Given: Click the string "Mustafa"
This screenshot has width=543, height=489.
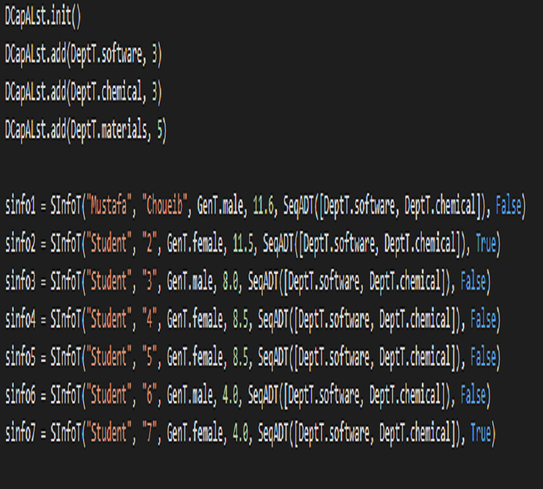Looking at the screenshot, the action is (x=109, y=205).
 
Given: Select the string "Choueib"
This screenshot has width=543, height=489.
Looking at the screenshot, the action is (x=165, y=205).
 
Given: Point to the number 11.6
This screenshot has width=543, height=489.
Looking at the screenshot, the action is (x=263, y=205).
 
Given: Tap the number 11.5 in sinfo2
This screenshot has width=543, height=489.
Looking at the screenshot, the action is (x=243, y=243).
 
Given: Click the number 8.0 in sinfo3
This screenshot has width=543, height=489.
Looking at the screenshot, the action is (x=230, y=281).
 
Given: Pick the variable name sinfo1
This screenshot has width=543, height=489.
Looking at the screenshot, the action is (x=20, y=206).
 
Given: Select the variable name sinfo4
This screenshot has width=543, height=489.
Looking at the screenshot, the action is (x=20, y=319).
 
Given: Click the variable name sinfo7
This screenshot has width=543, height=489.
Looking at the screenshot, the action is (x=20, y=433).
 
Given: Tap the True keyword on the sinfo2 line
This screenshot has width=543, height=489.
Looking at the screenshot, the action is (x=486, y=243).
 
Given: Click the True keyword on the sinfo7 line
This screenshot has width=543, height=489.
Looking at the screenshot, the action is (x=481, y=433).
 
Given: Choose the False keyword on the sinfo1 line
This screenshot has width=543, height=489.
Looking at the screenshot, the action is (x=508, y=205).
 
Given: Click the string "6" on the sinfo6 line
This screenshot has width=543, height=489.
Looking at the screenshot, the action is (x=149, y=394).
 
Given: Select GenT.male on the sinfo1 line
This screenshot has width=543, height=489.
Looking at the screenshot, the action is (x=220, y=205).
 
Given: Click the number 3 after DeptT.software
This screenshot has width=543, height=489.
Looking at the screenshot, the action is (x=154, y=55).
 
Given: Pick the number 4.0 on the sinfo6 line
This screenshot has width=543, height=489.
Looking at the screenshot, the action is (x=230, y=395).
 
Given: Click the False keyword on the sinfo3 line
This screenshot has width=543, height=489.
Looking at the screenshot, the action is (x=473, y=281).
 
